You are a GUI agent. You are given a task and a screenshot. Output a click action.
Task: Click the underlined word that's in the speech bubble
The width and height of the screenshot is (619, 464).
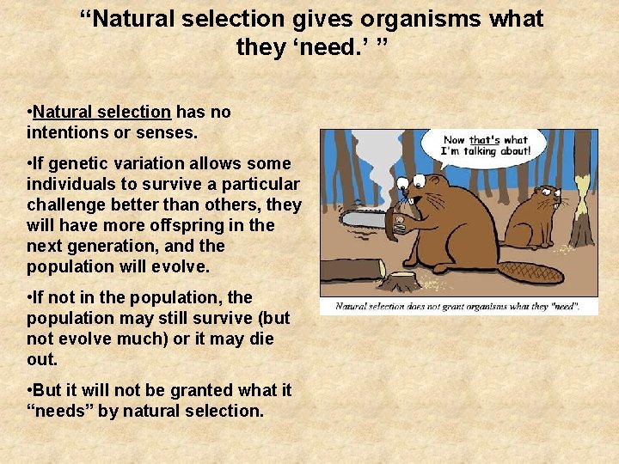484,139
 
